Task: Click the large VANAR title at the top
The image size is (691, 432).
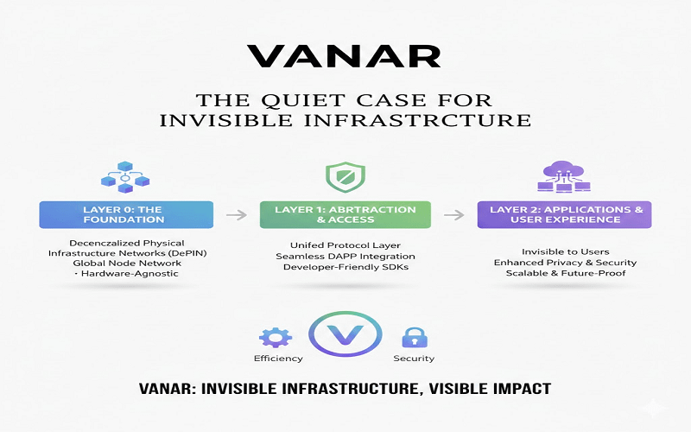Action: tap(344, 56)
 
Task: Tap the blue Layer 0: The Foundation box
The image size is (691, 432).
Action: tap(126, 214)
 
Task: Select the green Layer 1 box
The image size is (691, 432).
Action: tap(345, 214)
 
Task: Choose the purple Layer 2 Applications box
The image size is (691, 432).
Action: tap(565, 214)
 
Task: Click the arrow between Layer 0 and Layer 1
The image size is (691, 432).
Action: tap(236, 215)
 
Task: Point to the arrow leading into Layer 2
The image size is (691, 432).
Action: tap(454, 215)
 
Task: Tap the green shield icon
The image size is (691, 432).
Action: tap(345, 177)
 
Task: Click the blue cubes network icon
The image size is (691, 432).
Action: tap(125, 177)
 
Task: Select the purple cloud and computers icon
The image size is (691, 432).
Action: tap(564, 176)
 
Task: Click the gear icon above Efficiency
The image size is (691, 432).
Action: tap(276, 338)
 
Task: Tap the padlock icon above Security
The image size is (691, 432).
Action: tap(415, 338)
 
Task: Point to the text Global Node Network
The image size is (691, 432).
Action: tap(127, 264)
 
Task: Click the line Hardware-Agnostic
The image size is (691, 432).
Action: tap(130, 273)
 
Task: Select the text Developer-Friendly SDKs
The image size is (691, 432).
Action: tap(346, 267)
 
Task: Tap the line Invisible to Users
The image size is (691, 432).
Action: tap(566, 251)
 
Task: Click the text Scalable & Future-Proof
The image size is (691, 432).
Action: tap(566, 273)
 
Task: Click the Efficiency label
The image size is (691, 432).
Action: tap(278, 359)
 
